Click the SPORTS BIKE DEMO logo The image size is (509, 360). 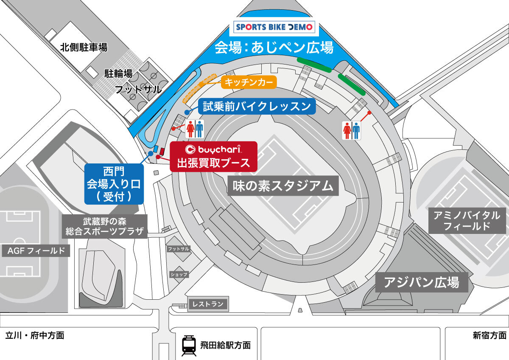(274, 28)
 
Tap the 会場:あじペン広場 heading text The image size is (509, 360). (274, 48)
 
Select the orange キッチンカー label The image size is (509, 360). (249, 82)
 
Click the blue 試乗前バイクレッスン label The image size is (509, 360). (257, 107)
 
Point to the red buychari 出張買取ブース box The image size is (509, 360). (213, 156)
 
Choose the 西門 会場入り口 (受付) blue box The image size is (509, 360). (113, 183)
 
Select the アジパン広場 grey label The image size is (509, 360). (422, 282)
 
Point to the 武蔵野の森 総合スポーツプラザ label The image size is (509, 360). (105, 227)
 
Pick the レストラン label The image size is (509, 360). (207, 304)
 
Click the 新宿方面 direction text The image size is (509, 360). (489, 335)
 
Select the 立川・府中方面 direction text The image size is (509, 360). (35, 335)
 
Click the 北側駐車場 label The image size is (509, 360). (84, 47)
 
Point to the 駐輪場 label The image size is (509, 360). (118, 73)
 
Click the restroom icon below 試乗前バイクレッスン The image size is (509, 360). (195, 129)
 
